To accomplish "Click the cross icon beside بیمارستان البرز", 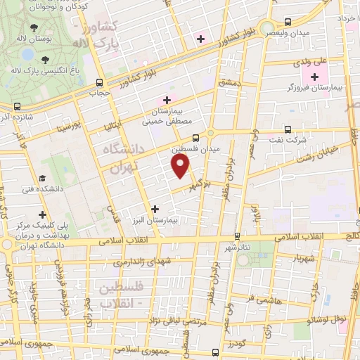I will [155, 209].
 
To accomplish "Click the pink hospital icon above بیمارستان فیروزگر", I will [313, 75].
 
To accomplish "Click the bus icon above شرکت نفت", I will [288, 129].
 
